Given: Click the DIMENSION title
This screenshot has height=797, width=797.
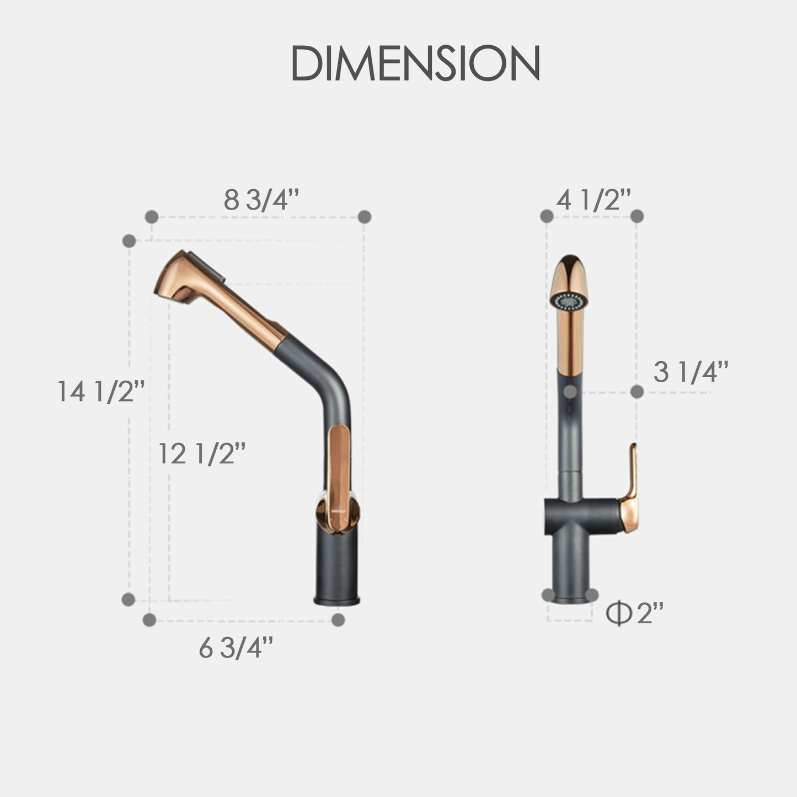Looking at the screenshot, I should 415,64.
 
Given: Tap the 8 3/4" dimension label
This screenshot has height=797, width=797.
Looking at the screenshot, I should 261,200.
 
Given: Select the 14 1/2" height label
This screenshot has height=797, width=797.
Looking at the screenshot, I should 101,392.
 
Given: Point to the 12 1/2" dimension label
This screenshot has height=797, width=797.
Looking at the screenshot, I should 201,454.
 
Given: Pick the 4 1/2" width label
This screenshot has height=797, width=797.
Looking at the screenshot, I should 593,200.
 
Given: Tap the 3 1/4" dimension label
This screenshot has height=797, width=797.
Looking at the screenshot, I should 691,372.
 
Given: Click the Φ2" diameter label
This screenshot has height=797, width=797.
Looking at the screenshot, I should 634,613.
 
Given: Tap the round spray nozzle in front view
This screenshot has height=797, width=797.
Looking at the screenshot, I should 569,302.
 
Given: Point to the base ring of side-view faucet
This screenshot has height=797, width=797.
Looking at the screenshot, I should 336,599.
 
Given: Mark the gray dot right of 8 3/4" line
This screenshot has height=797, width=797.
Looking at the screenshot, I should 364,217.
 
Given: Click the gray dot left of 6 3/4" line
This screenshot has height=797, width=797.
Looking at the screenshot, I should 149,620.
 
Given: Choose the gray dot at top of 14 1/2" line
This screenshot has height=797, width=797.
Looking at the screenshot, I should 129,240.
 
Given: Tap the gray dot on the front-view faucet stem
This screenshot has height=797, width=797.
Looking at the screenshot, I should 571,391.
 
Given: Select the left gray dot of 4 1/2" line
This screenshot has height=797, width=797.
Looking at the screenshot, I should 547,216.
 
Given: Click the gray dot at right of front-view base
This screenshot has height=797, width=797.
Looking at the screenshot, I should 592,595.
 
